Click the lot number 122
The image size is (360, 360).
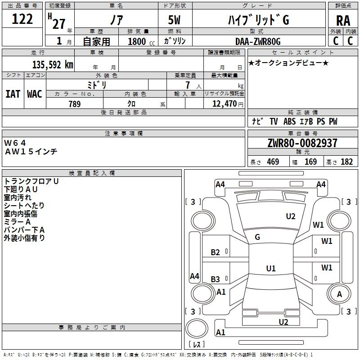[x=22, y=19]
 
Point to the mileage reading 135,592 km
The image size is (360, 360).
[x=53, y=64]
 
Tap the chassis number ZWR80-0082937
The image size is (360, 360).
[x=302, y=143]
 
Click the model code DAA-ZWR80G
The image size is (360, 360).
[x=258, y=41]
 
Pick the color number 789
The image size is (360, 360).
[x=74, y=104]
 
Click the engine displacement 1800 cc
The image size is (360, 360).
[x=137, y=41]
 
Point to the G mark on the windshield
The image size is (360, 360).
[x=257, y=237]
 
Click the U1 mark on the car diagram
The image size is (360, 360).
[x=270, y=269]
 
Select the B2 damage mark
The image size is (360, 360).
[x=216, y=252]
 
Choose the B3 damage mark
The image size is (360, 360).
[x=216, y=279]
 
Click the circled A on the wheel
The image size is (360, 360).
[x=340, y=294]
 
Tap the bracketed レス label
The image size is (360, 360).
[x=197, y=345]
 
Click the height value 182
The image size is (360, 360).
[x=346, y=162]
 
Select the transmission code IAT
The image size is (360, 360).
[x=13, y=94]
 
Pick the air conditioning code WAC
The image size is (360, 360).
[x=34, y=94]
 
